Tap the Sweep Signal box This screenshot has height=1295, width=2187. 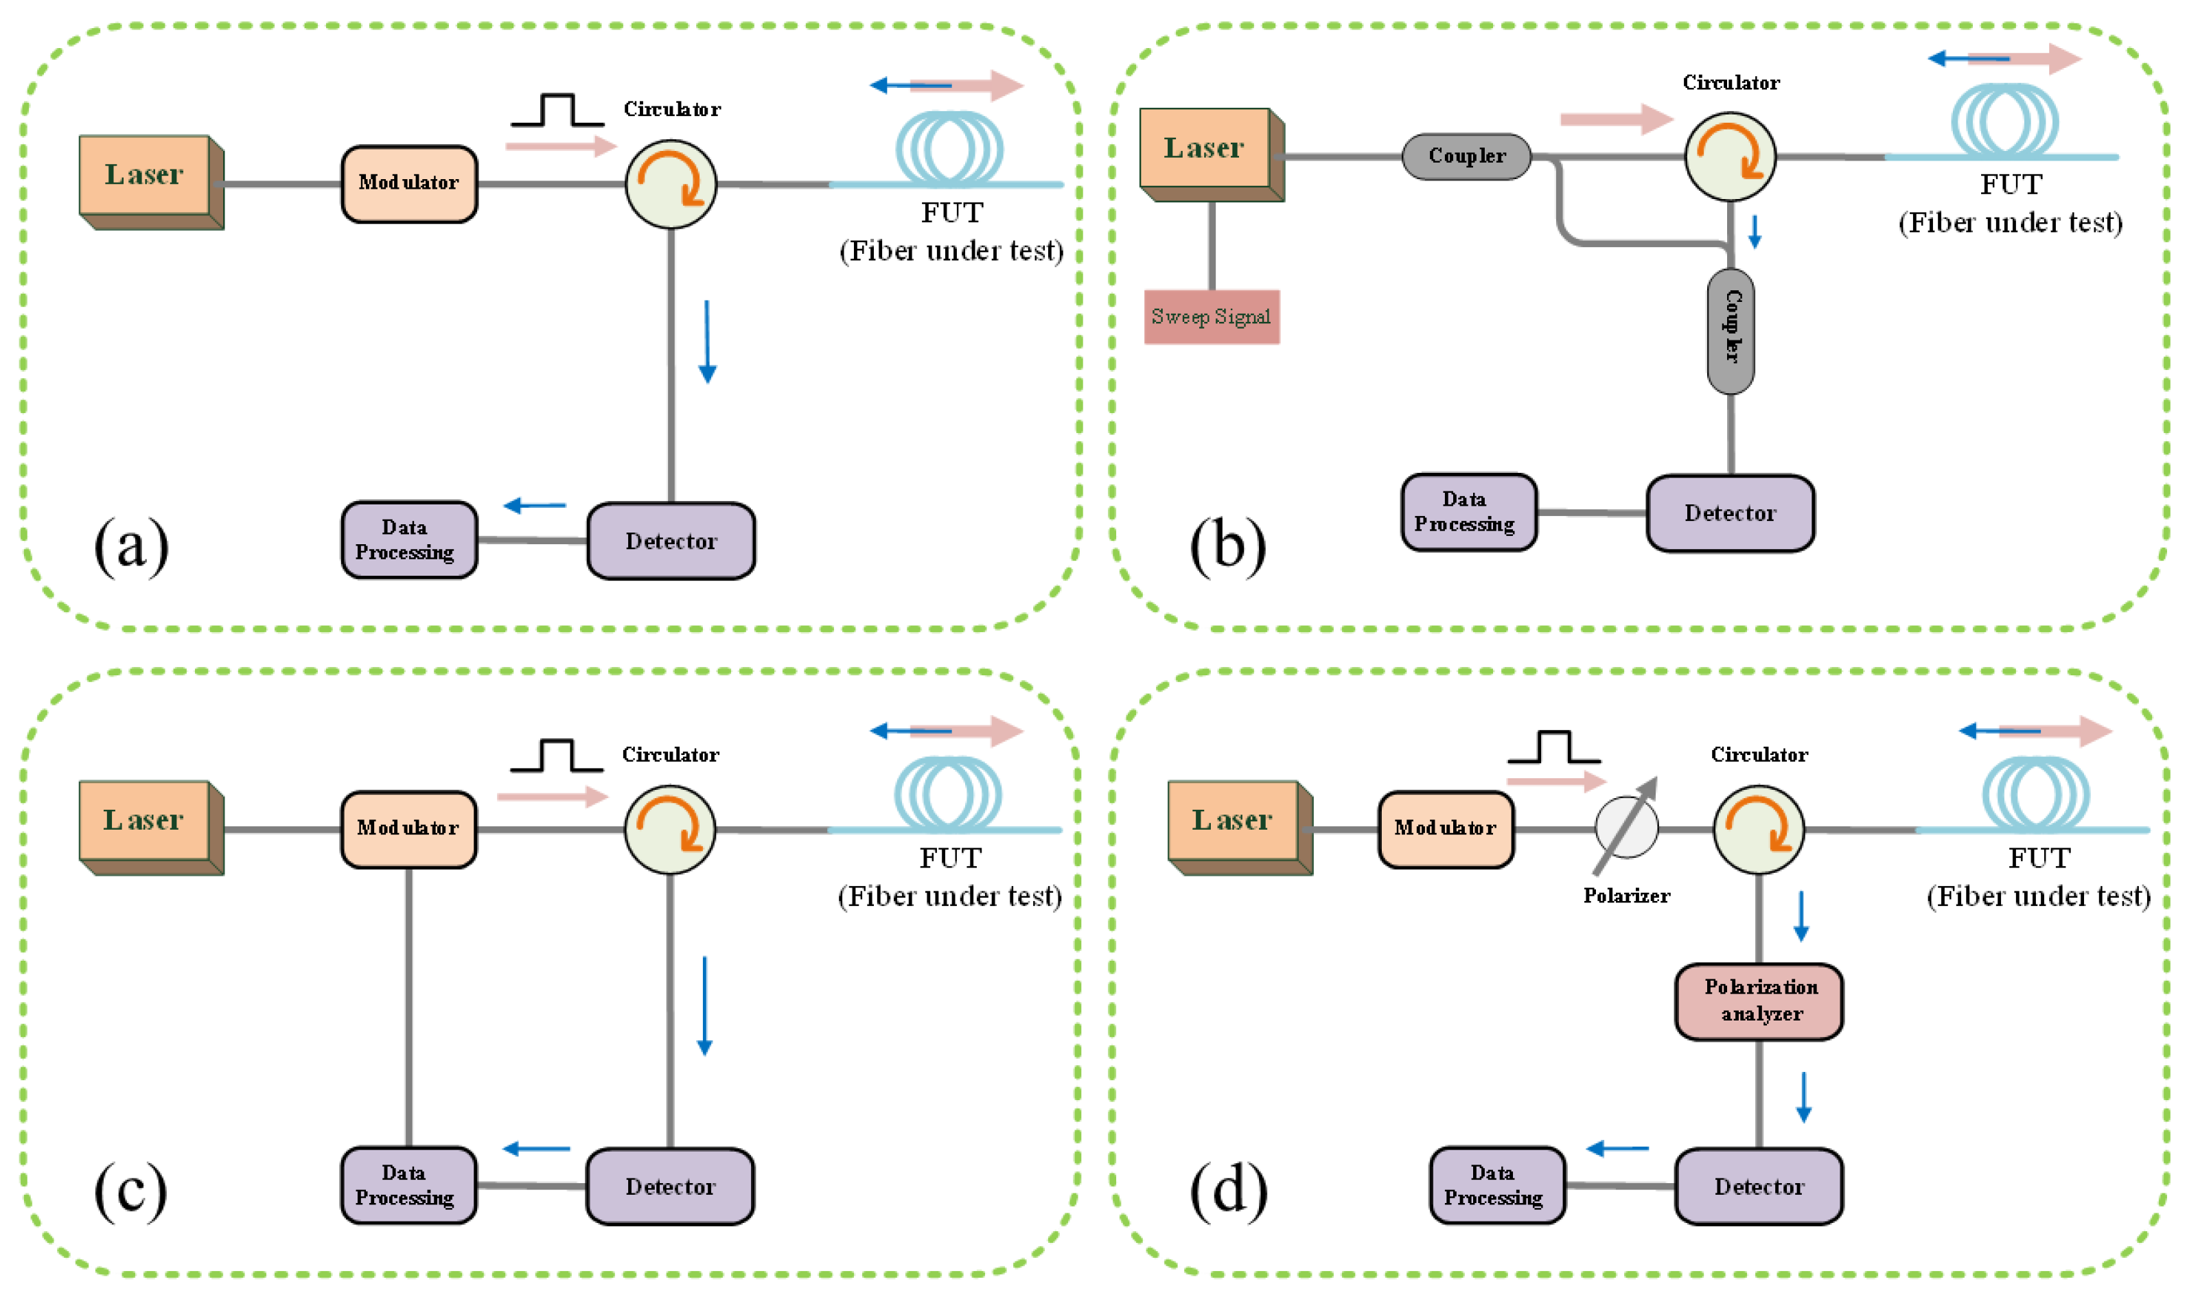[1212, 317]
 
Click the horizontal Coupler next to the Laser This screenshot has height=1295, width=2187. [1466, 156]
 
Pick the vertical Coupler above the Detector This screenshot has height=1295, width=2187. [1731, 330]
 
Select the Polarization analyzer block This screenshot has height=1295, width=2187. [1759, 1001]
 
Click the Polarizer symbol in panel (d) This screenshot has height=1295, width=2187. [1626, 827]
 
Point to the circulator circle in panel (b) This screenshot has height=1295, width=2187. [1730, 157]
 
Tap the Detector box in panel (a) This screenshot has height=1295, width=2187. [670, 541]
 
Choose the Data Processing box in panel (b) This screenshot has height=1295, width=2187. [1468, 512]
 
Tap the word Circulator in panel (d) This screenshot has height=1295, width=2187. [1759, 755]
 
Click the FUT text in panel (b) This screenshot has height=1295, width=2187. [2010, 185]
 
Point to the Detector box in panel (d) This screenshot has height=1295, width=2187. [1759, 1186]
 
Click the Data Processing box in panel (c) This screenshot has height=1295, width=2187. [408, 1185]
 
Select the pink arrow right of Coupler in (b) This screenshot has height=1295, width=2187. [1615, 119]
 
